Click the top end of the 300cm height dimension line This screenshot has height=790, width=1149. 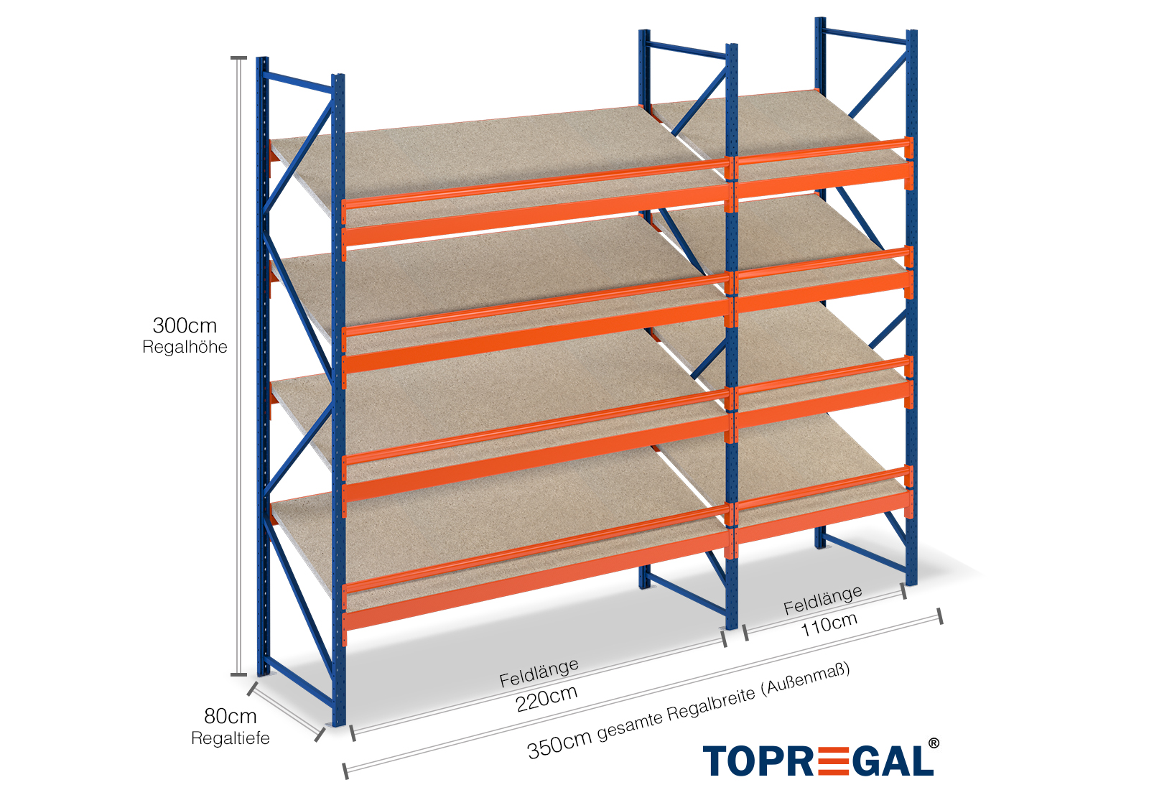tap(238, 58)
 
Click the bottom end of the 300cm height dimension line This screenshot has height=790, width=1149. tap(238, 674)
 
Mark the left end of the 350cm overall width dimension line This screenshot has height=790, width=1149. tap(345, 771)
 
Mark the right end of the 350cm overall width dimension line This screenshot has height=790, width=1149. tap(940, 616)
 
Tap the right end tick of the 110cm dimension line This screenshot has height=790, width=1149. tap(903, 591)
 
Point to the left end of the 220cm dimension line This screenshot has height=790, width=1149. tap(353, 733)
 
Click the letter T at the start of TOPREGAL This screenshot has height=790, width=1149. tap(717, 761)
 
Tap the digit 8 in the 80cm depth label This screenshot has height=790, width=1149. tap(211, 715)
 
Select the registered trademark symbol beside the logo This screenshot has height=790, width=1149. tap(934, 743)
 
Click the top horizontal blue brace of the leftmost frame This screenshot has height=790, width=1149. tap(297, 83)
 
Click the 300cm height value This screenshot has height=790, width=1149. tap(185, 326)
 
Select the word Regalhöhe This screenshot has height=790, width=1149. tap(185, 348)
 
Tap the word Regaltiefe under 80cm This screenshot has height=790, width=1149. tap(231, 738)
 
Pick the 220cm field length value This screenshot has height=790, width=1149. tap(546, 699)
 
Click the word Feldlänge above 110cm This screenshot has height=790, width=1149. tap(822, 600)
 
